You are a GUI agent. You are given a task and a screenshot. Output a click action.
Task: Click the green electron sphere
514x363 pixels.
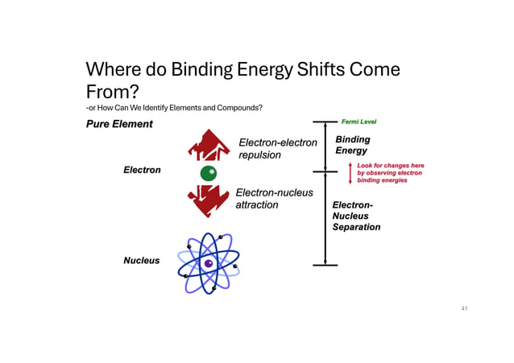coord(209,173)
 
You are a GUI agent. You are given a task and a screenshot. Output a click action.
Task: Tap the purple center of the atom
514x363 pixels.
coord(208,263)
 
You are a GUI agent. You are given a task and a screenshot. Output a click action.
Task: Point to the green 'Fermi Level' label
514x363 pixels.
coord(359,122)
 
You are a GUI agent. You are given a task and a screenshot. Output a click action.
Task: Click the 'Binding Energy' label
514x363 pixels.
coord(352,145)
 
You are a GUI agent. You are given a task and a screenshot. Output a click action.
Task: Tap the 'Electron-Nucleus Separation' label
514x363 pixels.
coord(356,216)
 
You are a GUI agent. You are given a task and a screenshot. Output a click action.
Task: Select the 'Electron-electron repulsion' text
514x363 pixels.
coord(278,149)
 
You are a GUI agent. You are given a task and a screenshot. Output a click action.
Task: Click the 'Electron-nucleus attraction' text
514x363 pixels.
coord(274,199)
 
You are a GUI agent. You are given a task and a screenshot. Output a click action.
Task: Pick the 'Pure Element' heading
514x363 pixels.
coord(119,124)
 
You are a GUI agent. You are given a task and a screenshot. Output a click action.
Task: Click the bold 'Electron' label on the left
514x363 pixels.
coord(142,170)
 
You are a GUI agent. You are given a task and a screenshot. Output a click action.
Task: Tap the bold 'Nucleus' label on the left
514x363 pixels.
coord(141,260)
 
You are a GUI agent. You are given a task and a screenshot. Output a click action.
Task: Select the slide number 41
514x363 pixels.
coord(463,308)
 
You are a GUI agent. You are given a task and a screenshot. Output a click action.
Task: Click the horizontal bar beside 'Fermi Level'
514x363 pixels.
coord(325,122)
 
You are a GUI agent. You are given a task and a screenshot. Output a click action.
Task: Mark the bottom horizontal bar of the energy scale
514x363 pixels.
coord(325,265)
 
